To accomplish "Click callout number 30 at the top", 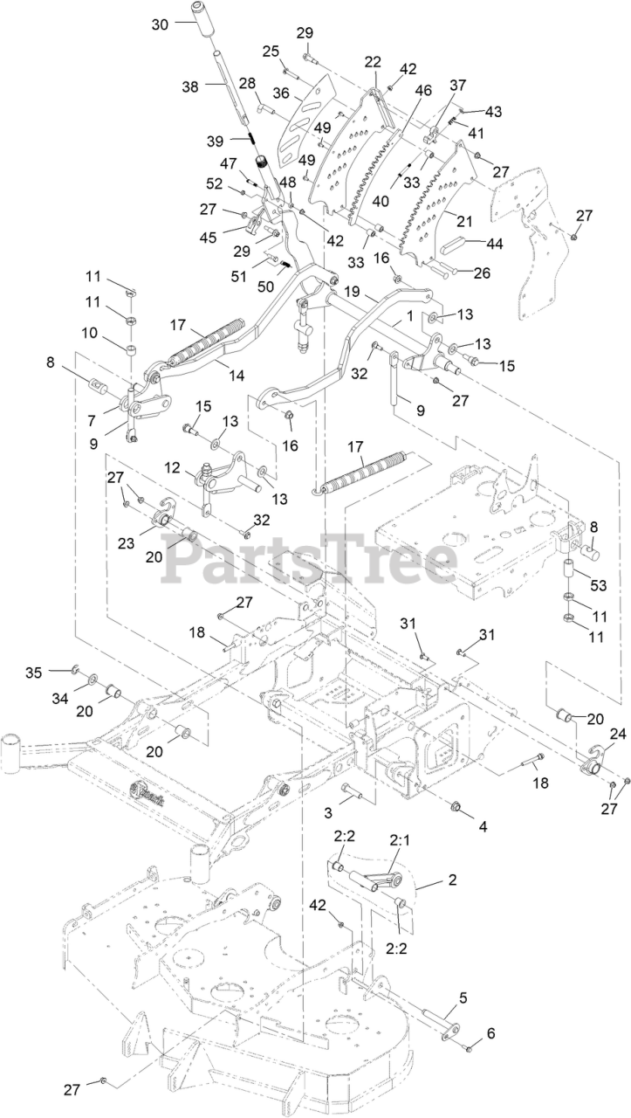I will pos(160,24).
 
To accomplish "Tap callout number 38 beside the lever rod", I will pos(190,86).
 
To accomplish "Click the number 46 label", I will pos(423,90).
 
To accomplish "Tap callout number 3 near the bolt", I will pos(328,811).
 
